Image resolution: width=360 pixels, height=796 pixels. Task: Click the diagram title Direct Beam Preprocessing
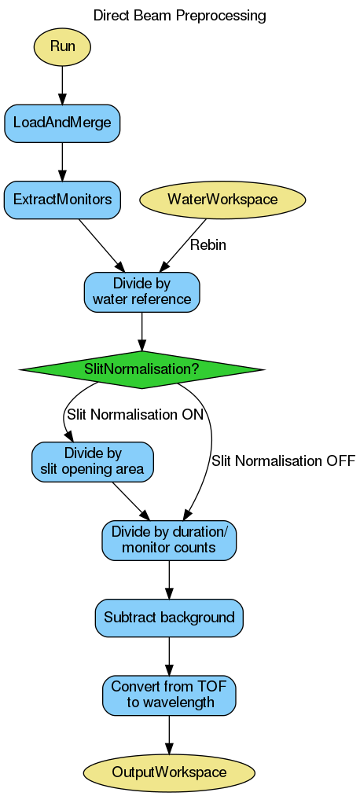coord(179,15)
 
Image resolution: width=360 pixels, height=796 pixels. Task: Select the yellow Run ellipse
coord(62,46)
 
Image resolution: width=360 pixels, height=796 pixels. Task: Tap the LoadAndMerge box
coord(62,123)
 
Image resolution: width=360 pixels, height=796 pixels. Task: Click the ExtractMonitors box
coord(62,200)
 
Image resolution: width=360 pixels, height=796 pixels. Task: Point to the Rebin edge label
coord(208,245)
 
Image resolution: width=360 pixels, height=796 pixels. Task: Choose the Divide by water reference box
coord(141,292)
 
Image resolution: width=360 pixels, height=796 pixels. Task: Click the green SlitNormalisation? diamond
coord(141,369)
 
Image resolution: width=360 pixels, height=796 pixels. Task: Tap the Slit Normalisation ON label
coord(134,414)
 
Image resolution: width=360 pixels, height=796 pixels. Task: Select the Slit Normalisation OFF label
coord(283,460)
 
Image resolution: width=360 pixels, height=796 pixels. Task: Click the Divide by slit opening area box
coord(92,461)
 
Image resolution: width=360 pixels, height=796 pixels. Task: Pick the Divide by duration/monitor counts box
coord(169,540)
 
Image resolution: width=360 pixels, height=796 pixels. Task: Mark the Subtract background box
coord(169,618)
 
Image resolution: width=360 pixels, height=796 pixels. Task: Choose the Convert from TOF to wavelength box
coord(169,695)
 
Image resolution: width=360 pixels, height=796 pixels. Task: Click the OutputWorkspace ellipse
coord(169,772)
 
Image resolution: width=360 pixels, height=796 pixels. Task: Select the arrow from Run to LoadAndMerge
coord(62,84)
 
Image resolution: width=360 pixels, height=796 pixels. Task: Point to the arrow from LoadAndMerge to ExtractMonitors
coord(62,161)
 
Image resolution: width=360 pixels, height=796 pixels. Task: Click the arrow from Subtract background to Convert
coord(169,656)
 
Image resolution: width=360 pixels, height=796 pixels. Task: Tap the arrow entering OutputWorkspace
coord(169,734)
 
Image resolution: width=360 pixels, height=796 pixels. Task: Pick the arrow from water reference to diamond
coord(141,330)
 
